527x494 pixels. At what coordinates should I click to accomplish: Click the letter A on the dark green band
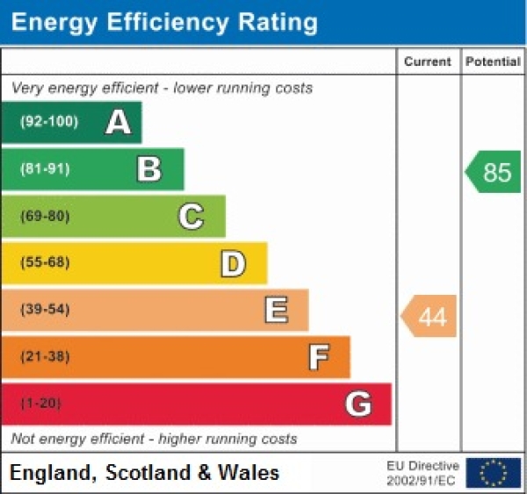coord(119,123)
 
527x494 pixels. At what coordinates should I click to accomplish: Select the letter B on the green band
coord(149,169)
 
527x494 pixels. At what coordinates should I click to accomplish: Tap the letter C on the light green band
coord(191,216)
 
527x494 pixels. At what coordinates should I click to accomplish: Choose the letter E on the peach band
coord(276,310)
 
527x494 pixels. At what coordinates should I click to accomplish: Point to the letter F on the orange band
coord(319,357)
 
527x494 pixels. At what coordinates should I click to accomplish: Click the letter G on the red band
coord(358,404)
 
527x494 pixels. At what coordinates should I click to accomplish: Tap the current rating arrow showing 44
coord(430,316)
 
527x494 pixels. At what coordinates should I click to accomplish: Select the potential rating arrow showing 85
coord(494,172)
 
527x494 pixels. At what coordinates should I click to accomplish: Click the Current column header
coord(428,61)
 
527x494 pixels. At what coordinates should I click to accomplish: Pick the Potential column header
coord(493,61)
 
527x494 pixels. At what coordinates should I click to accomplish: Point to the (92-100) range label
coord(48,122)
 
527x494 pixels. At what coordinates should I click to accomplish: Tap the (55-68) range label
coord(45,262)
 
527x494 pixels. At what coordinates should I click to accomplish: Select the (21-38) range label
coord(45,356)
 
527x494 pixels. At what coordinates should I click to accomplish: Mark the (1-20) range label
coord(41,404)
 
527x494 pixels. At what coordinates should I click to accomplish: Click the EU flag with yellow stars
coord(493,472)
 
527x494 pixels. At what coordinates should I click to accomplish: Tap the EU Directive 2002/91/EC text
coord(422,472)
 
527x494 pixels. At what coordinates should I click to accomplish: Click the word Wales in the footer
coord(250,473)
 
